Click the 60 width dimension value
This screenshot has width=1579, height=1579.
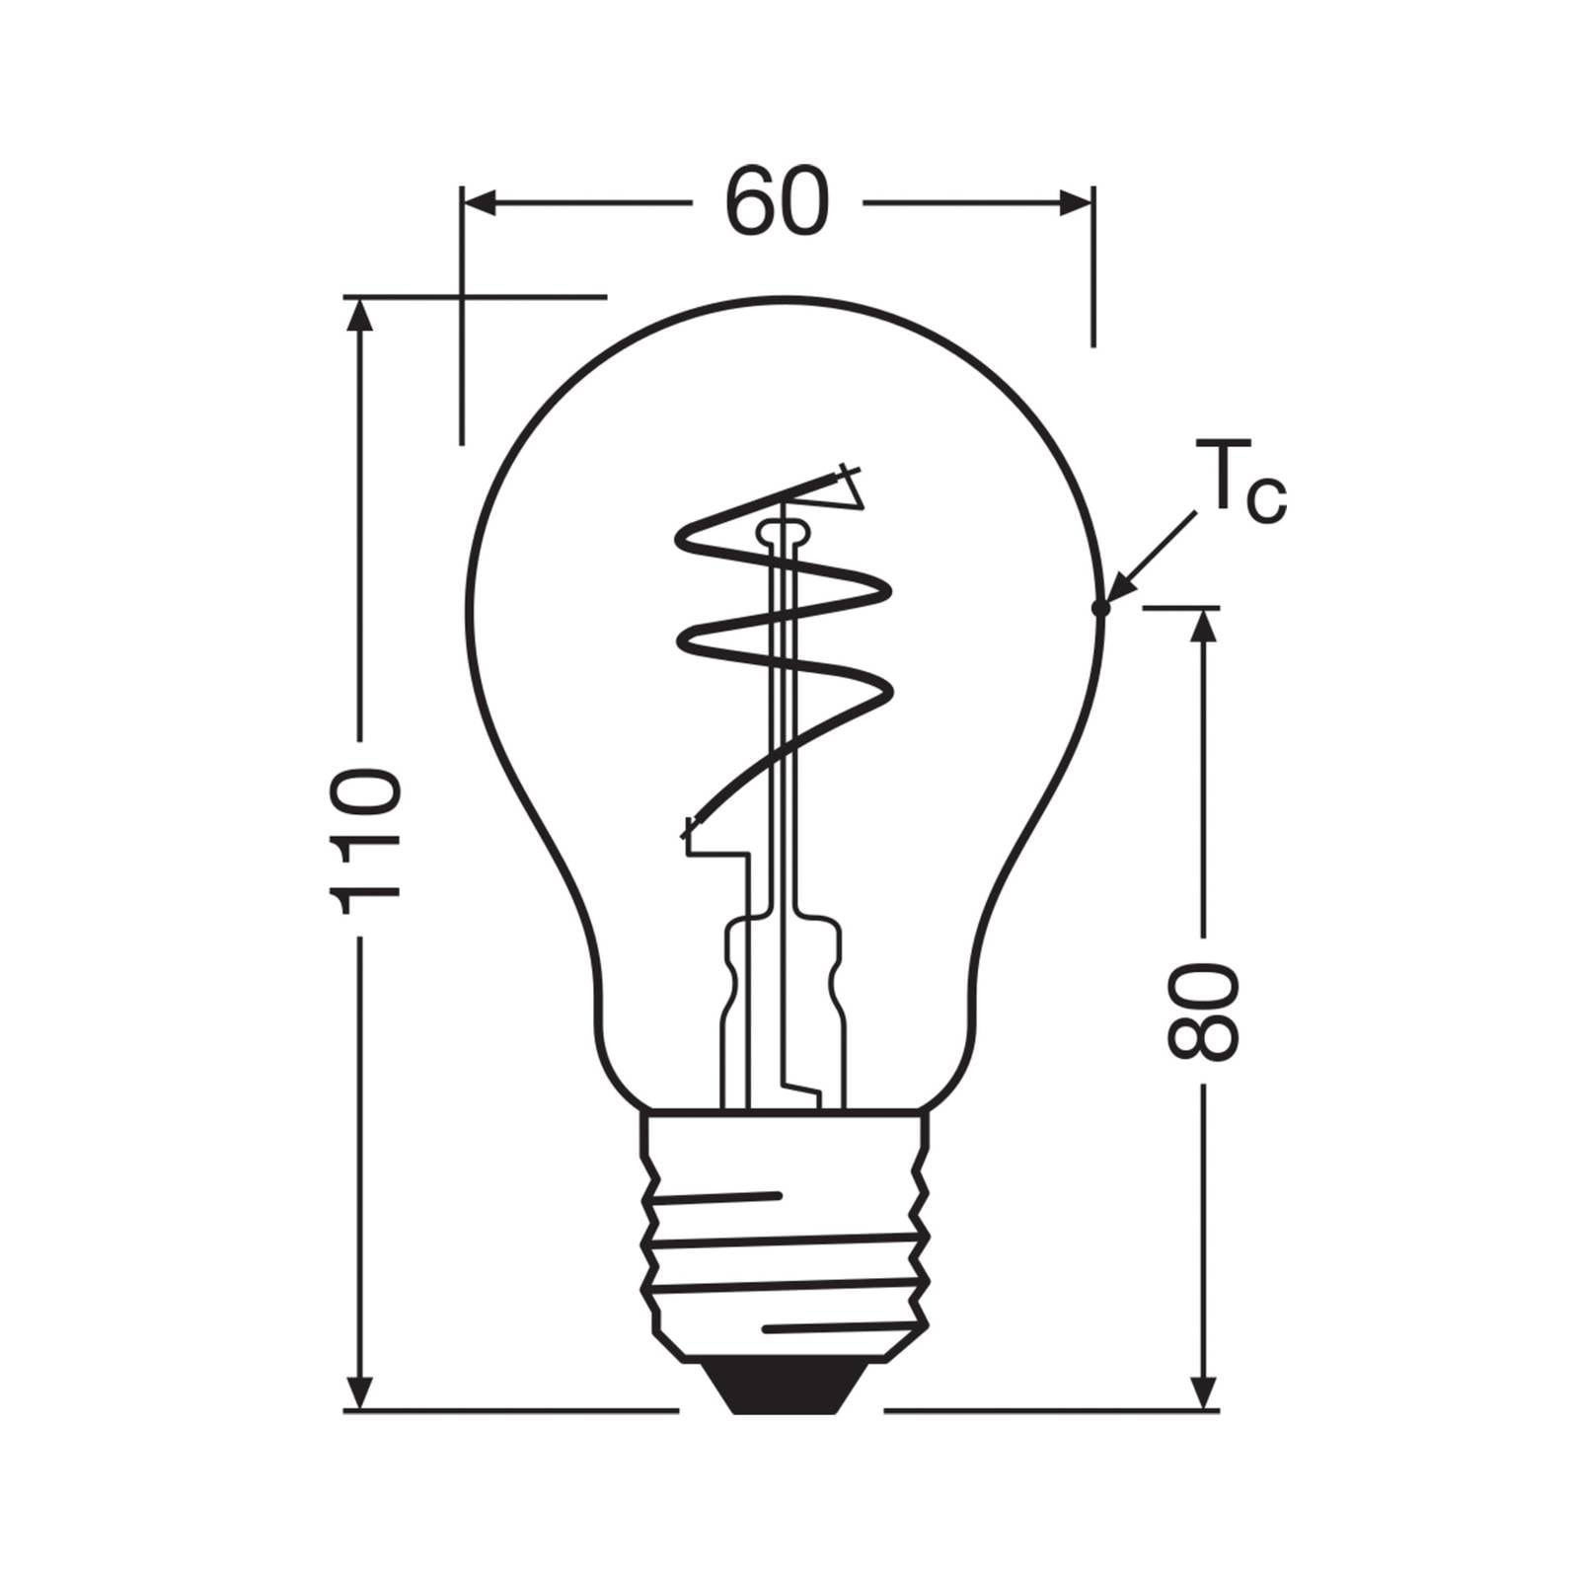[x=777, y=203]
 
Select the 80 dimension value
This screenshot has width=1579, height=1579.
[x=1201, y=1011]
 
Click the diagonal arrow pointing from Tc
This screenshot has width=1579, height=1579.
[x=1153, y=558]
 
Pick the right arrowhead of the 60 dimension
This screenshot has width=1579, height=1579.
[x=1076, y=203]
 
